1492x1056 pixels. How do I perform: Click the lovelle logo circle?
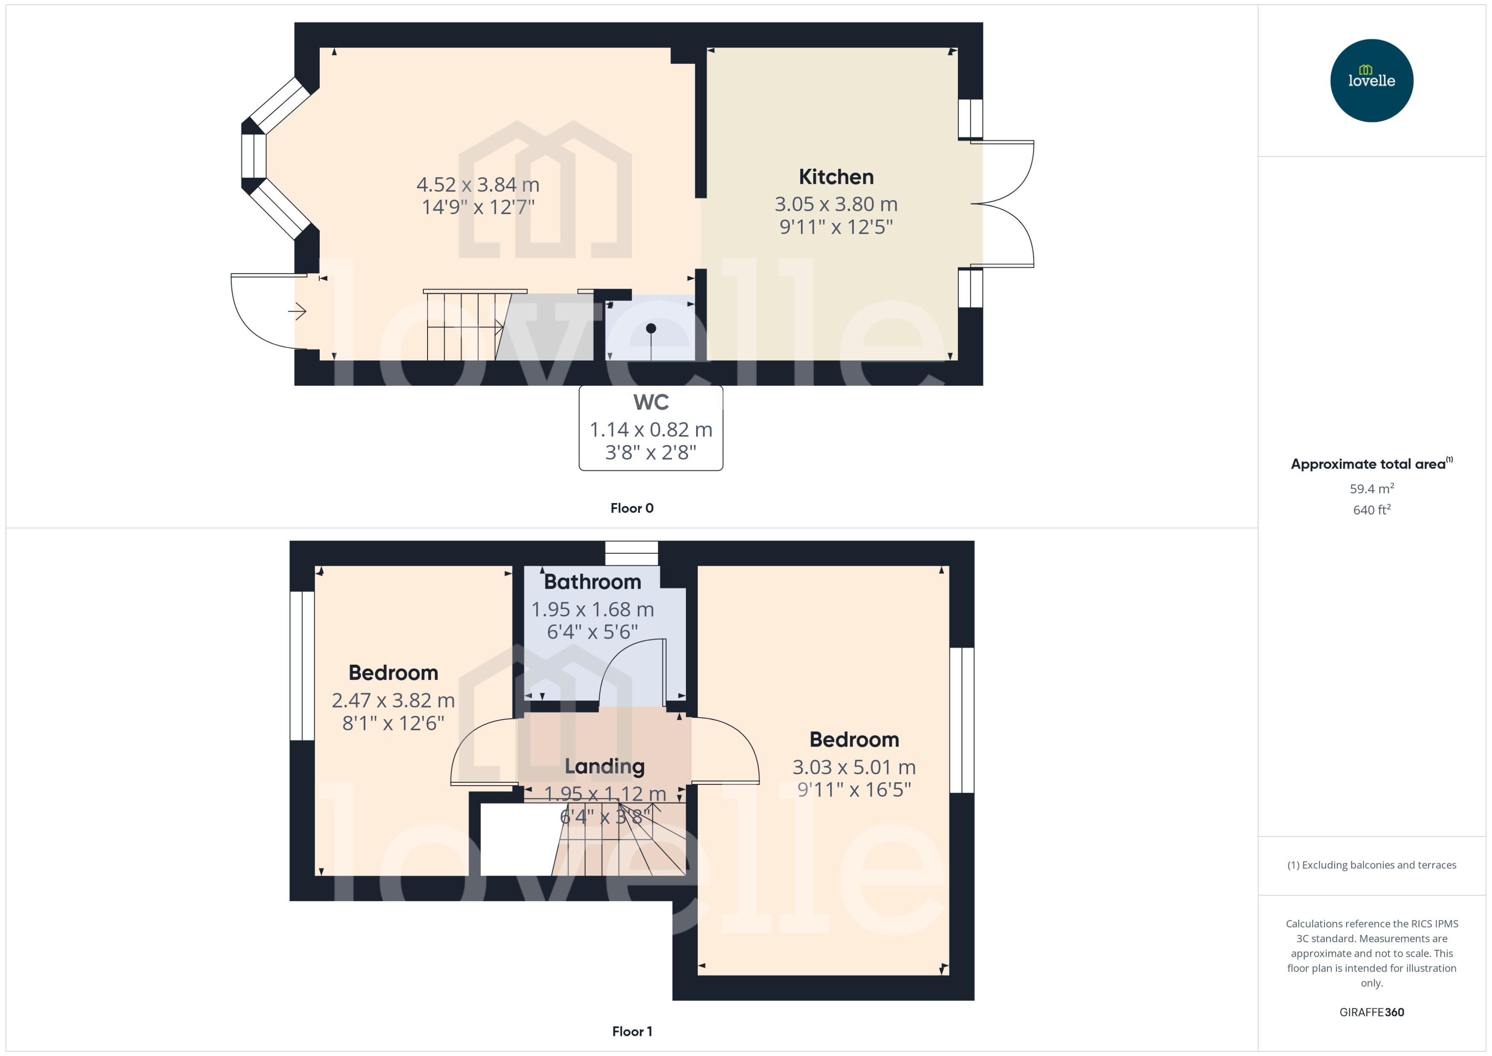tap(1371, 81)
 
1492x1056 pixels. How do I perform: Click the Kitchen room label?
tap(836, 177)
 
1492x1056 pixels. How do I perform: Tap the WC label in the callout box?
tap(651, 402)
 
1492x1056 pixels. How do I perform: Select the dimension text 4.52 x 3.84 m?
tap(478, 185)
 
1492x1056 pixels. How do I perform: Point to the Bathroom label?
tap(592, 582)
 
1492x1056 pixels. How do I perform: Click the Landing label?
tap(604, 766)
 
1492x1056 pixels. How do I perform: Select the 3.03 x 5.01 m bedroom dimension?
tap(853, 767)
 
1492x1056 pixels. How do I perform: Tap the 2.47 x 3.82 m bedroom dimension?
tap(393, 700)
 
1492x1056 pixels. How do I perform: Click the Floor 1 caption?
tap(631, 1031)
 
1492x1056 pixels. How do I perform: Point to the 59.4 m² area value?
tap(1371, 488)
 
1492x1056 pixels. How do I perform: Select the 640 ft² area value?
tap(1371, 510)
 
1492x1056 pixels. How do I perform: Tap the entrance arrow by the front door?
tap(298, 312)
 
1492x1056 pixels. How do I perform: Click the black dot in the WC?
tap(651, 328)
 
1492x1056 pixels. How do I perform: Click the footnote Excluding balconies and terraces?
tap(1371, 865)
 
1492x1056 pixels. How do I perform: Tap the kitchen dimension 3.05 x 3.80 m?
tap(836, 204)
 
